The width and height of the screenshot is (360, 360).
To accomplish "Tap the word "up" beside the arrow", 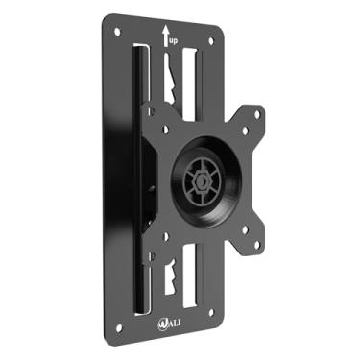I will (x=174, y=41).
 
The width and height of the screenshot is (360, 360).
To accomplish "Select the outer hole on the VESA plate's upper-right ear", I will (x=257, y=112).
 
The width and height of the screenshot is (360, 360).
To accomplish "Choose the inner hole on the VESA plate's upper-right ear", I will (x=243, y=130).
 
